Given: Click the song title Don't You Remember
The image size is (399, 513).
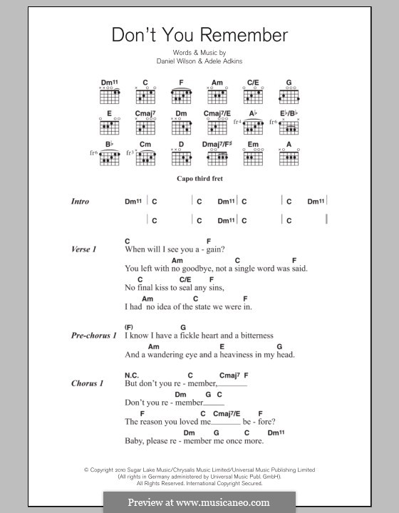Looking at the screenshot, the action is click(199, 35).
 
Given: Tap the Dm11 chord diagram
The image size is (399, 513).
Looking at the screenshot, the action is click(109, 93).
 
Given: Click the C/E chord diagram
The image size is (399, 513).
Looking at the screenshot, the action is click(253, 93).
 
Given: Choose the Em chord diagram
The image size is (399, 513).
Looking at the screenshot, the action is click(253, 159).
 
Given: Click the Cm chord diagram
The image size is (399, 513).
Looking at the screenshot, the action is click(144, 159).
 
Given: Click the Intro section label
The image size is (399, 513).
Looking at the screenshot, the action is click(80, 202).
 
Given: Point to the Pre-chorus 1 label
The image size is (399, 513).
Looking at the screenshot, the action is click(93, 335).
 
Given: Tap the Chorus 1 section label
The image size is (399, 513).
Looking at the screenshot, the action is click(87, 383).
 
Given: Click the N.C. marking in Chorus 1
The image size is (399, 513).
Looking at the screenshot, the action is click(131, 374).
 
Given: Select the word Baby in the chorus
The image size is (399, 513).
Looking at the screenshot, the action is click(135, 441).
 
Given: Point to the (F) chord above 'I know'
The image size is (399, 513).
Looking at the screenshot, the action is click(130, 326).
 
